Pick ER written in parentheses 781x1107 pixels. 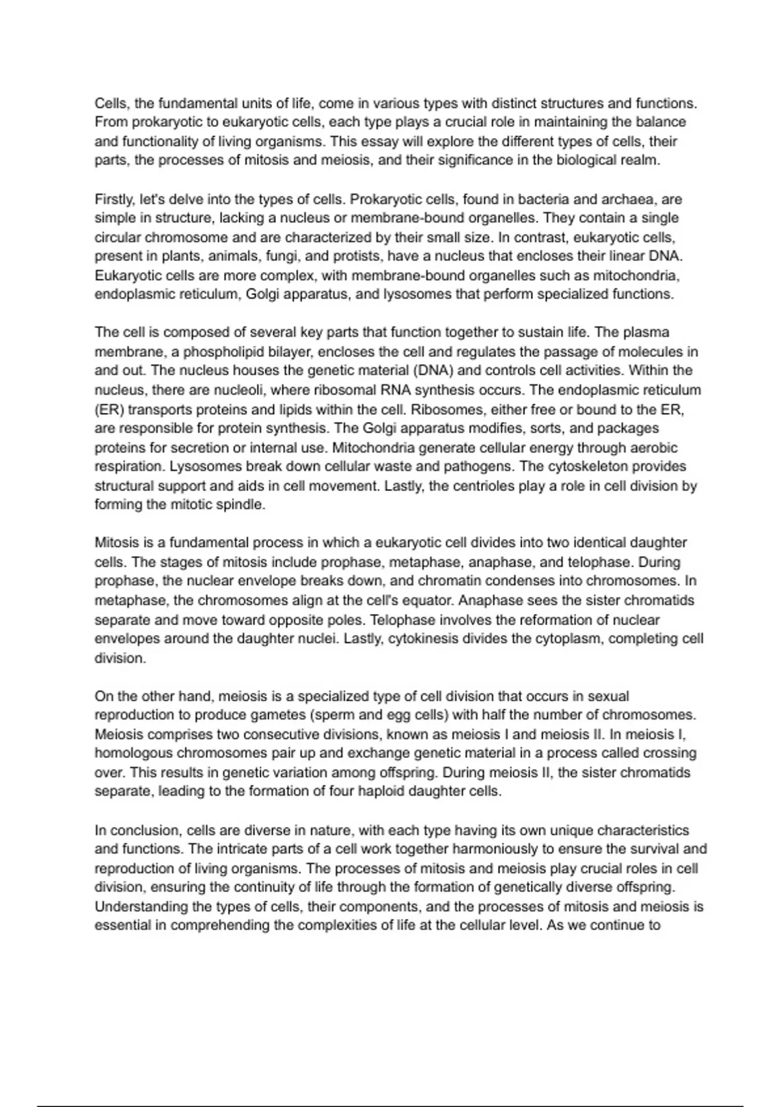(104, 410)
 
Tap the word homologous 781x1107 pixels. (134, 753)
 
